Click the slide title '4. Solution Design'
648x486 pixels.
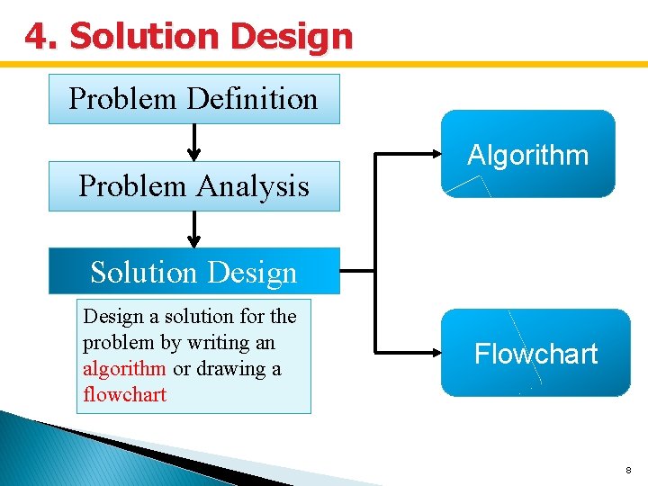click(x=189, y=36)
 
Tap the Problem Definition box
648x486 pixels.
click(x=193, y=99)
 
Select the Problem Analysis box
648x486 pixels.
click(x=193, y=186)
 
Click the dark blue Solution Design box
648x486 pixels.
click(x=193, y=272)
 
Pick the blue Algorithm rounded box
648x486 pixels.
click(x=527, y=154)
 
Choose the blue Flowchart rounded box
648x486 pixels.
click(x=535, y=353)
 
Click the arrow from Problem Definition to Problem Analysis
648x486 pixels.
click(x=193, y=142)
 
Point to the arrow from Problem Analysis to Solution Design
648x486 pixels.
click(x=193, y=229)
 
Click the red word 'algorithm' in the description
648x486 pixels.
click(x=124, y=369)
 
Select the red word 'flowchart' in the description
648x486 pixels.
click(x=124, y=394)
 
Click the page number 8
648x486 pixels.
click(x=628, y=470)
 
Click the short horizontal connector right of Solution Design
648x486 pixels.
click(x=357, y=270)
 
